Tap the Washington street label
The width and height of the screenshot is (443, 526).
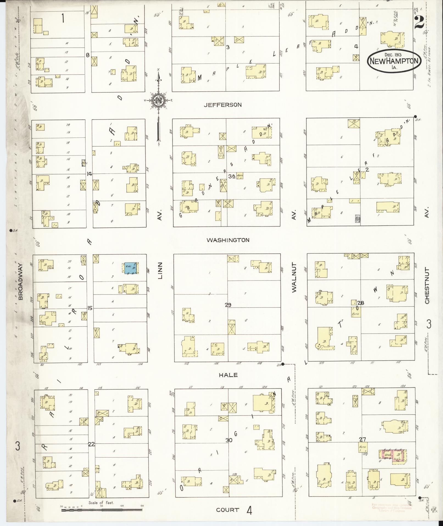pyautogui.click(x=228, y=240)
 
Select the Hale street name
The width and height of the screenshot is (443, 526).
pyautogui.click(x=228, y=375)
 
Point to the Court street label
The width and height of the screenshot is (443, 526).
pyautogui.click(x=227, y=510)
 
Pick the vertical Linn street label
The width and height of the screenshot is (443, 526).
pyautogui.click(x=160, y=271)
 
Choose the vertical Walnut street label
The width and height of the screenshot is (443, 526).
pyautogui.click(x=295, y=277)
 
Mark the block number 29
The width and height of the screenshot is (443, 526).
pyautogui.click(x=228, y=305)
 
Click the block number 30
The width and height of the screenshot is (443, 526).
pyautogui.click(x=229, y=440)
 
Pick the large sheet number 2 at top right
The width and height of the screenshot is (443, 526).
pyautogui.click(x=419, y=21)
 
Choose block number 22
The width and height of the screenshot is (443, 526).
pyautogui.click(x=91, y=444)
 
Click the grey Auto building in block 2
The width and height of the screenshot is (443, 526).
pyautogui.click(x=358, y=219)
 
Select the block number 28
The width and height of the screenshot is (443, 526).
pyautogui.click(x=361, y=303)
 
